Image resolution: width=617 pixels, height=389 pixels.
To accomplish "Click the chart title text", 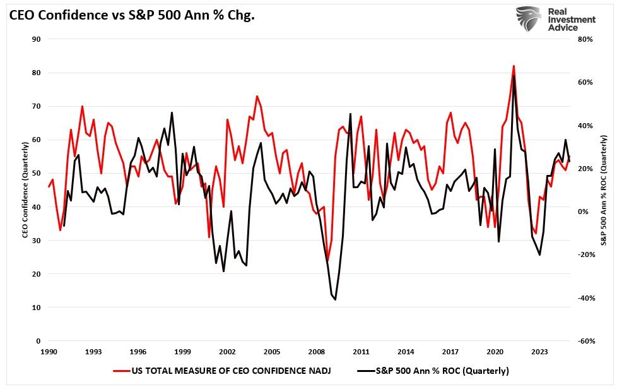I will pos(131,16).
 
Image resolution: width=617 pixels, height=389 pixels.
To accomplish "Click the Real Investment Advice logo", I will pos(556,19).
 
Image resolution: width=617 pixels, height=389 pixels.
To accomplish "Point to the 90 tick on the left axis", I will pos(37,39).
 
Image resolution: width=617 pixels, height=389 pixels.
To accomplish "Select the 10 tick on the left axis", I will pos(37,308).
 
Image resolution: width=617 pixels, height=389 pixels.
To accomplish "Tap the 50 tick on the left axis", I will pos(37,173).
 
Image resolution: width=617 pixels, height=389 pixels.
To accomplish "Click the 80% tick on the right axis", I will pos(585,39).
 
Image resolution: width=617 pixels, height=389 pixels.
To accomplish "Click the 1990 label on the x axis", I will pos(49,352).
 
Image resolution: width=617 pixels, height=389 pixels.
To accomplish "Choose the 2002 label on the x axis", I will pos(227,352).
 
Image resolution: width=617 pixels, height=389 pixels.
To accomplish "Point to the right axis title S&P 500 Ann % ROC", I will pos(604,189).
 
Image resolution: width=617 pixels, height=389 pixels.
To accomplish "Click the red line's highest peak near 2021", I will pos(514,66).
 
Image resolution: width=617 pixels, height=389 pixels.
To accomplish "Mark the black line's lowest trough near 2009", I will pos(335,299).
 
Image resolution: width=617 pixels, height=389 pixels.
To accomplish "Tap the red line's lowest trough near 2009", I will pos(327,260).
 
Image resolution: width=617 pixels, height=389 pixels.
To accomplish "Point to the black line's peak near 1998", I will pos(172,113).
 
